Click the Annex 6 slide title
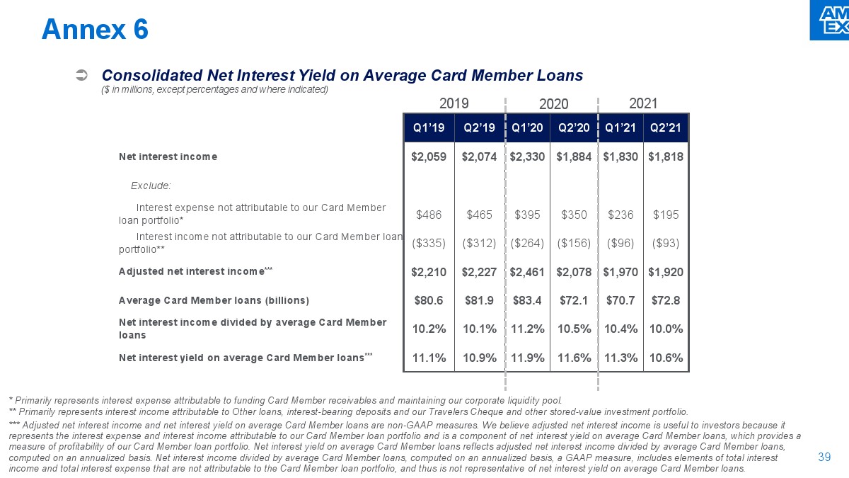click(95, 29)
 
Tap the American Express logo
click(829, 20)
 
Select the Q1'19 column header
click(428, 128)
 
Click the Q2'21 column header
click(666, 128)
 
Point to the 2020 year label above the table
click(553, 104)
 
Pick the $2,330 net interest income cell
click(527, 157)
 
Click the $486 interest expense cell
click(429, 214)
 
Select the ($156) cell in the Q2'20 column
click(574, 243)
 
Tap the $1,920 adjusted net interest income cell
click(666, 272)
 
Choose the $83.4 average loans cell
click(527, 300)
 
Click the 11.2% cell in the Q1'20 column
click(527, 329)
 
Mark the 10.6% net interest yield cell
click(666, 358)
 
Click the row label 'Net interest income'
click(168, 157)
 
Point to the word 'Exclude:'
click(151, 186)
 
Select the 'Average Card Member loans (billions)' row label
click(214, 300)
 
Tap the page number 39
click(824, 457)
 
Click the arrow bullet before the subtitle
click(81, 75)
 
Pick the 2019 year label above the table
click(454, 103)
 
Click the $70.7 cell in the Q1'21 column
click(620, 300)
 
